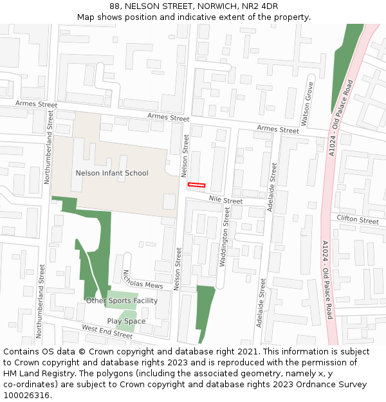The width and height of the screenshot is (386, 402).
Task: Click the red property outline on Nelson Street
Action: coord(196,185)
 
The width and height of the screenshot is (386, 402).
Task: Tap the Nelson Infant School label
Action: coord(112,173)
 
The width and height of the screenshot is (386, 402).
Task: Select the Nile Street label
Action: coord(225,201)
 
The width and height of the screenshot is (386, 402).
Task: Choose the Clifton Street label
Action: coord(358,220)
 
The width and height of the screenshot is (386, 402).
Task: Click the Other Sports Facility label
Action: coord(122,301)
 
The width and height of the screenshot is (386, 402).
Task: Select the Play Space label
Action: coord(126,322)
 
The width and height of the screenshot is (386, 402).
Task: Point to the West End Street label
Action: coord(107,332)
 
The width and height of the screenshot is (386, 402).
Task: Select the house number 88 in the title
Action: coord(114,6)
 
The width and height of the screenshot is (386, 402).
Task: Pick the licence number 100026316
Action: coord(26,396)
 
